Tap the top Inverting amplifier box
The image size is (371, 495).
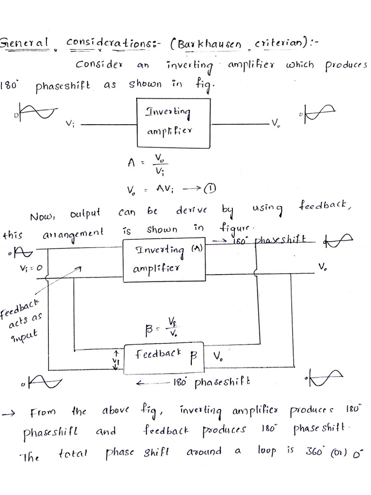[x=174, y=122]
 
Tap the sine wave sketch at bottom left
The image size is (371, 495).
[x=43, y=382]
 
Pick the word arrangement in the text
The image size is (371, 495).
[x=73, y=233]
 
